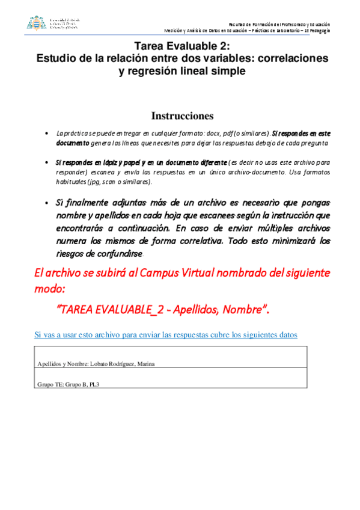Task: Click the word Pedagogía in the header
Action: pos(319,30)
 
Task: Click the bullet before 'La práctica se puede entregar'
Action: pos(47,134)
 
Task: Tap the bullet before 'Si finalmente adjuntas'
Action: pos(47,203)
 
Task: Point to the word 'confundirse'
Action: pos(120,253)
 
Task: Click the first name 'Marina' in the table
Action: pos(154,364)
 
